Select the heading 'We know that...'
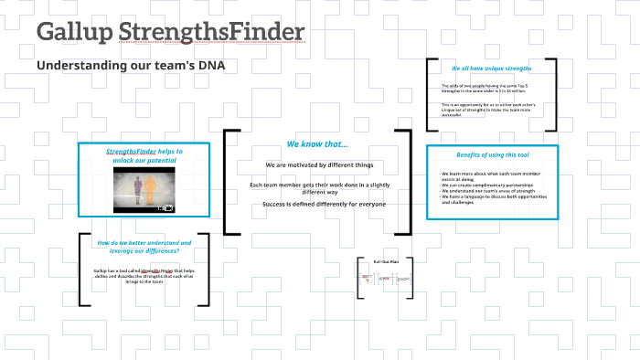click(317, 144)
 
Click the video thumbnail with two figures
click(144, 191)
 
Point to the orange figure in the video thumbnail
click(152, 190)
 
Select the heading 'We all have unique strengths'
click(491, 69)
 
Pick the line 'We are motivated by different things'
click(319, 165)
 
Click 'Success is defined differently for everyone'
click(324, 203)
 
